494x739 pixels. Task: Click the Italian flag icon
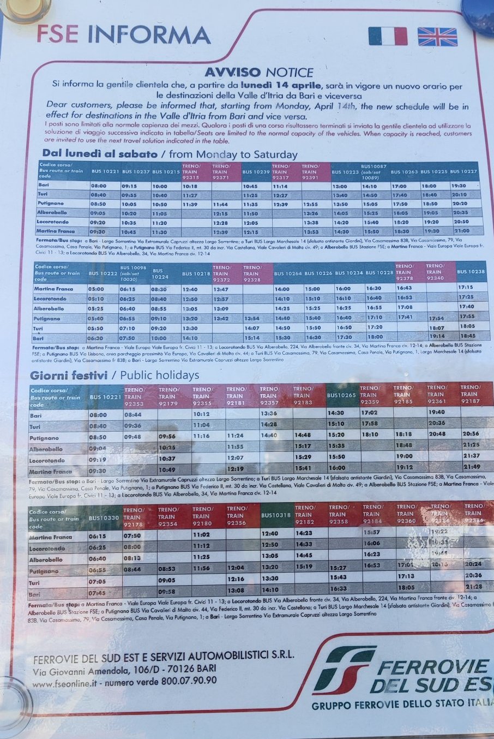click(387, 36)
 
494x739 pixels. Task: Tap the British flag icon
click(437, 37)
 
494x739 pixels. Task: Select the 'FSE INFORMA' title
click(123, 34)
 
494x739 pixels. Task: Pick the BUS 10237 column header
click(135, 171)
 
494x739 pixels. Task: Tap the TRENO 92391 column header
click(315, 171)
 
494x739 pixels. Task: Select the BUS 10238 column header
click(470, 272)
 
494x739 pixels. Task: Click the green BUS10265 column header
click(341, 395)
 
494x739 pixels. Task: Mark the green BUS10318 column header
click(276, 515)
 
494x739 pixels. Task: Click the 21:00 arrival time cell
click(461, 231)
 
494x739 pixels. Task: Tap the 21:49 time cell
click(472, 467)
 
